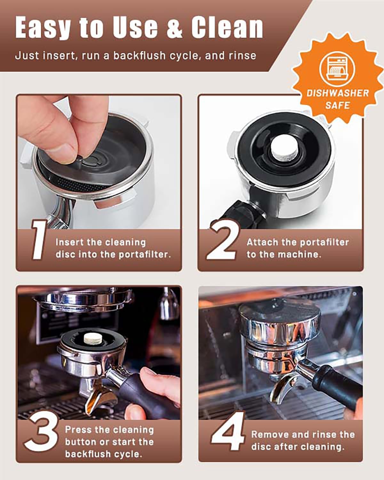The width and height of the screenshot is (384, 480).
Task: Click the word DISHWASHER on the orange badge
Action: [x=338, y=93]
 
